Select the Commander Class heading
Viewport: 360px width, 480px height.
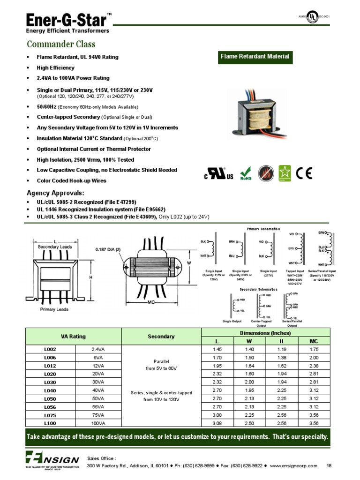click(61, 44)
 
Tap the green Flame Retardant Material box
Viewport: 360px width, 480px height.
click(255, 57)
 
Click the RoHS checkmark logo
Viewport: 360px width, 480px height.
click(246, 173)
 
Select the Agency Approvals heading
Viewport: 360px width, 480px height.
click(56, 193)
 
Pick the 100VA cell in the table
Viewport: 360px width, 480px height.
click(98, 423)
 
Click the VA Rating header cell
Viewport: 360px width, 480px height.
click(73, 337)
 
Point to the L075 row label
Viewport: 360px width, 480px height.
click(50, 415)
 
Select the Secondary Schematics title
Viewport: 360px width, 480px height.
click(258, 289)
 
